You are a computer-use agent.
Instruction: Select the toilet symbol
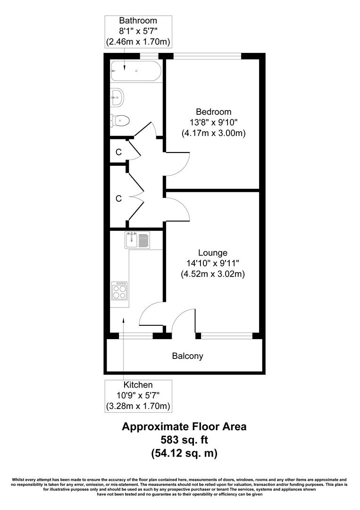coord(120,120)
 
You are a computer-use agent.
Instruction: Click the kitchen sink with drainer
coord(137,240)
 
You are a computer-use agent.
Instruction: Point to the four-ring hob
coord(120,290)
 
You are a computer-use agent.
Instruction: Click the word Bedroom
coord(214,112)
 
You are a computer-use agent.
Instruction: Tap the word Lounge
coord(213,253)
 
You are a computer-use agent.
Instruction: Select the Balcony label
coord(187,356)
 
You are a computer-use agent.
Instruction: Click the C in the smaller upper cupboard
coord(118,152)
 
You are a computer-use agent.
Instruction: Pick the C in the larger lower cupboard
coord(118,199)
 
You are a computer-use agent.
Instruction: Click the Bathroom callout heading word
coord(138,21)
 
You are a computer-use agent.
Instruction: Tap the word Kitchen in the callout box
coord(138,385)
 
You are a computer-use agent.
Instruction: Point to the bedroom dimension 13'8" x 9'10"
coord(214,122)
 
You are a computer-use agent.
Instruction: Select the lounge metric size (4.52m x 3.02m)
coord(213,273)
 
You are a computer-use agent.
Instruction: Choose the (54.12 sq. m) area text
coord(184,454)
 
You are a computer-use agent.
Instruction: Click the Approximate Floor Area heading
coord(184,427)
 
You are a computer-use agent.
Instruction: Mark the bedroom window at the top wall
coord(208,56)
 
